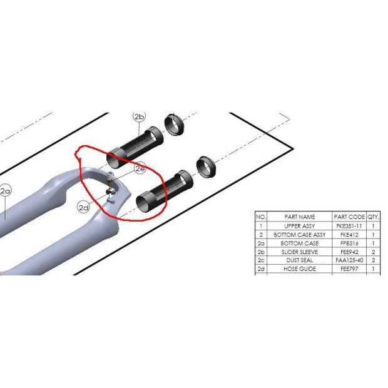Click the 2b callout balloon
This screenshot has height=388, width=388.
coord(139,117)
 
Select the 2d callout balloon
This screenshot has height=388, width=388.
coord(84,207)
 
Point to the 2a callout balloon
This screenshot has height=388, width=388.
coord(5,191)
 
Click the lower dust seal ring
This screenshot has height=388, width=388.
coord(207,166)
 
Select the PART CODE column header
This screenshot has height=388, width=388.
coord(349,217)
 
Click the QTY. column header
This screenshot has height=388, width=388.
coord(374,217)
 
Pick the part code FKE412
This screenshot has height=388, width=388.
coord(349,234)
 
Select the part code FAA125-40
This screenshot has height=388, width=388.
coord(349,260)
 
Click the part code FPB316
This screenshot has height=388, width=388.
coord(349,243)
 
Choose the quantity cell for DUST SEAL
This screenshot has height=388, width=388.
coord(374,260)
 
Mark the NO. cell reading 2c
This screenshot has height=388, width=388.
coord(261,260)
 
